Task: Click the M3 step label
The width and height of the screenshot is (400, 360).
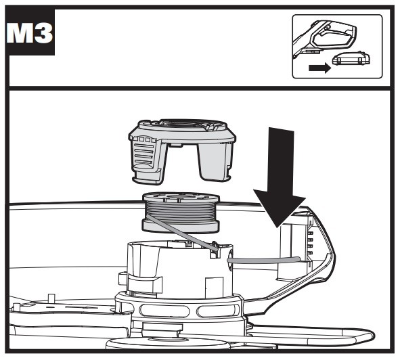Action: pyautogui.click(x=30, y=33)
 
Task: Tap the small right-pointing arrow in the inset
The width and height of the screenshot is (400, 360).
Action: pyautogui.click(x=319, y=68)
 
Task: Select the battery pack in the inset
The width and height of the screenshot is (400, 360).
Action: pyautogui.click(x=351, y=59)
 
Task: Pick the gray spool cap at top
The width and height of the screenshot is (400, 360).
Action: pyautogui.click(x=181, y=150)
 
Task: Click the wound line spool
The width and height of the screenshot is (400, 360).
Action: pyautogui.click(x=181, y=213)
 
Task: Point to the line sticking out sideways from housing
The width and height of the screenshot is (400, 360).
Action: pyautogui.click(x=264, y=261)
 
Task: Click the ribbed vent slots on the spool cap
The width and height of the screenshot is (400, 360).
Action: pyautogui.click(x=144, y=154)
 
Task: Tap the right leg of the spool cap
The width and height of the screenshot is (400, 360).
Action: pyautogui.click(x=215, y=161)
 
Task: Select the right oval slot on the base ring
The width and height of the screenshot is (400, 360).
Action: pyautogui.click(x=217, y=311)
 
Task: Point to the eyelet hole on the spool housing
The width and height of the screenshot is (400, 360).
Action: pyautogui.click(x=231, y=259)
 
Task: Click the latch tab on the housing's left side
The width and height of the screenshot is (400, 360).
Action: pyautogui.click(x=144, y=284)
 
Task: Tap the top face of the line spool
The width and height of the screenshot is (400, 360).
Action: pyautogui.click(x=181, y=198)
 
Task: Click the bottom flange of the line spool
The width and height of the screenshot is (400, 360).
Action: pyautogui.click(x=181, y=227)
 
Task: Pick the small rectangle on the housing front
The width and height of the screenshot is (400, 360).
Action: pyautogui.click(x=214, y=288)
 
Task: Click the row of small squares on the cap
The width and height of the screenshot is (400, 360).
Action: pyautogui.click(x=144, y=139)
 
